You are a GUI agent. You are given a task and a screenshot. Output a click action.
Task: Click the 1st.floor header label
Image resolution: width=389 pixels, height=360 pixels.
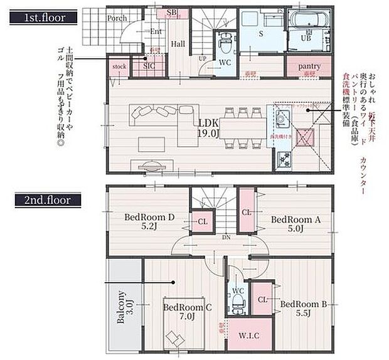click(42, 17)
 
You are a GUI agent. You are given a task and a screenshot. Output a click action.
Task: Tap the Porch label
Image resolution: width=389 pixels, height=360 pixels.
click(117, 18)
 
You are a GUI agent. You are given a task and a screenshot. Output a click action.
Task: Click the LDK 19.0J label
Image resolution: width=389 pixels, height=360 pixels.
click(209, 127)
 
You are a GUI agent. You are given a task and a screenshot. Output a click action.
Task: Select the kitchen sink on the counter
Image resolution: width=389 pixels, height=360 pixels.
click(280, 117)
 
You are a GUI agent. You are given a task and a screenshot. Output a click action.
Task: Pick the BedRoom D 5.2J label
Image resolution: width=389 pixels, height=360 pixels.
click(149, 223)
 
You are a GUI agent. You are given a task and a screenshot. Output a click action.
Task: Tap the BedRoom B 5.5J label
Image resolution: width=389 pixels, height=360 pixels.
click(304, 309)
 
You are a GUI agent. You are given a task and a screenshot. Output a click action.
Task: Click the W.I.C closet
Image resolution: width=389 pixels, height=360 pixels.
click(249, 335)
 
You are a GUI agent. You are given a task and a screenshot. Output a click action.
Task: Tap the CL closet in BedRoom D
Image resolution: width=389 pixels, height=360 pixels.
click(203, 222)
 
